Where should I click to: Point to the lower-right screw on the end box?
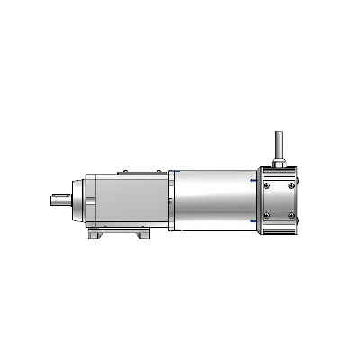coord(292,215)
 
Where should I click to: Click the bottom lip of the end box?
coord(279,234)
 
